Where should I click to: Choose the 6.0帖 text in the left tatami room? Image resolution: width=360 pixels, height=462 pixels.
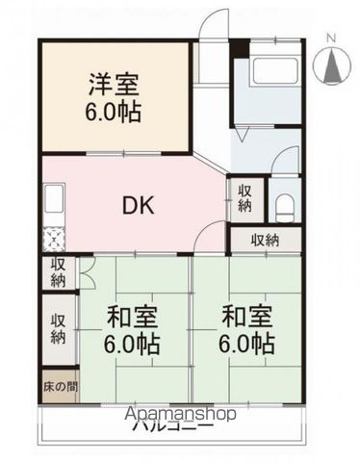[132, 343]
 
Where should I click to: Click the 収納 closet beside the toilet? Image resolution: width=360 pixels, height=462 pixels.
[244, 199]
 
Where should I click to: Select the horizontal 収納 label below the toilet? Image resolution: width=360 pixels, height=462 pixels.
[267, 241]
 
